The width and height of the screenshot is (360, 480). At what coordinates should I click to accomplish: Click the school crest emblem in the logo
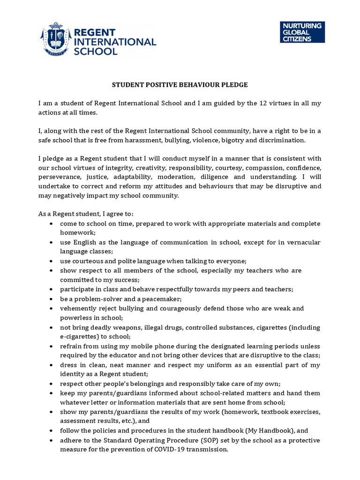click(55, 39)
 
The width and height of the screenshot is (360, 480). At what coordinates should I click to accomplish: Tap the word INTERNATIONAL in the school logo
click(115, 41)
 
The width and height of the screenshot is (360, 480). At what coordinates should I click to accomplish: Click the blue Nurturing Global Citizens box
click(302, 32)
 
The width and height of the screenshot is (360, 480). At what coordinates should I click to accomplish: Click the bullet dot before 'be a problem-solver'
click(51, 299)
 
